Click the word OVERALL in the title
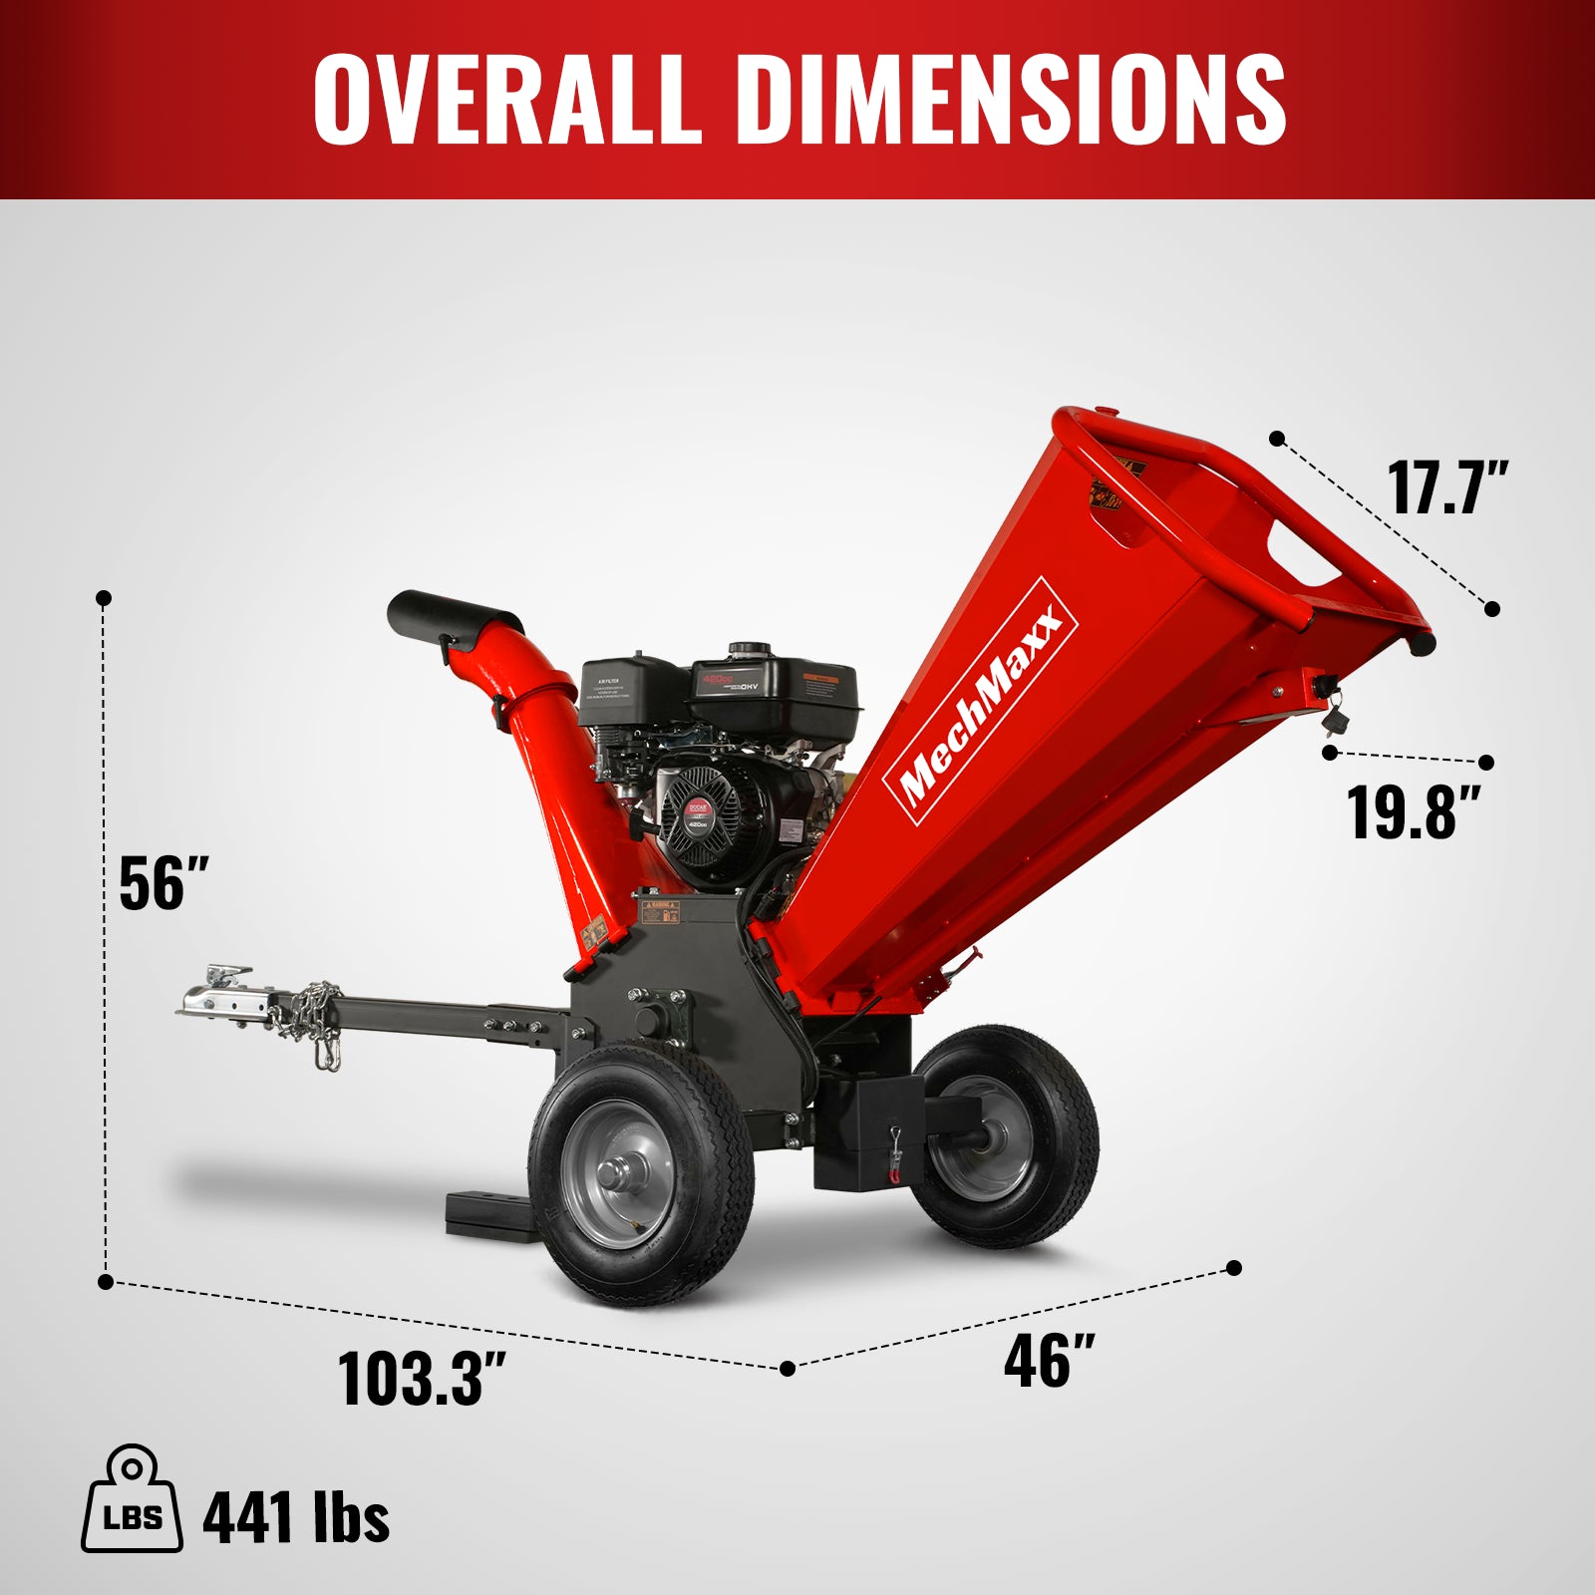click(508, 97)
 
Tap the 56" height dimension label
click(162, 883)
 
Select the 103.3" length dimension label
click(422, 1379)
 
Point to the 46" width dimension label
click(1048, 1361)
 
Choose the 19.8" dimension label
click(1413, 812)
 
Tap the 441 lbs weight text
click(295, 1518)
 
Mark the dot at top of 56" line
click(104, 598)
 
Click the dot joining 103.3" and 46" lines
click(788, 1369)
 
